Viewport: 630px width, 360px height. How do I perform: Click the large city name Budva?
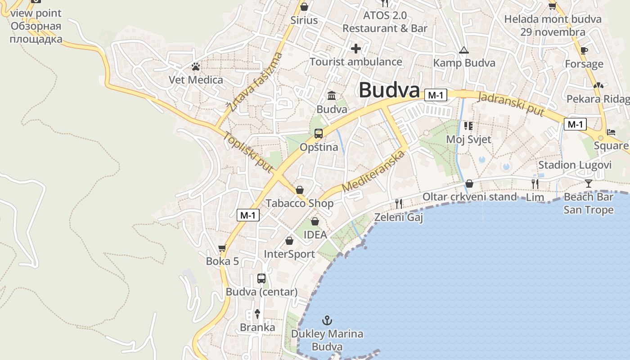click(389, 90)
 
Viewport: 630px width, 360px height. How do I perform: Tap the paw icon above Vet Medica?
click(195, 67)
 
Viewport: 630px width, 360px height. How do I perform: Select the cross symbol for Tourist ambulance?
click(355, 48)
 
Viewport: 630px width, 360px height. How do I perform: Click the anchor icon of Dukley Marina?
click(327, 320)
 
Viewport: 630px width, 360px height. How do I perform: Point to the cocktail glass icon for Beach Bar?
click(588, 183)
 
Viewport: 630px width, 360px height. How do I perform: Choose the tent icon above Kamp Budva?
click(464, 50)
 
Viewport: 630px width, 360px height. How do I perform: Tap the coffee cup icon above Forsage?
click(584, 50)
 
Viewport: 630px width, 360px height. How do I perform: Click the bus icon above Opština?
click(318, 133)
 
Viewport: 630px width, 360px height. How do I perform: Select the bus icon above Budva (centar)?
click(261, 278)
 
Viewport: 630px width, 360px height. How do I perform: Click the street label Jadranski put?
click(511, 104)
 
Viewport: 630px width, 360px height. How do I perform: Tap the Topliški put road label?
click(248, 152)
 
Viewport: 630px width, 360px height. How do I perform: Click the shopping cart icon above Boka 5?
click(222, 248)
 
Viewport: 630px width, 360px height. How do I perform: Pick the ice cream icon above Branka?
click(257, 314)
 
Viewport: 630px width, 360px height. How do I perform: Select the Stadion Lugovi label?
click(575, 165)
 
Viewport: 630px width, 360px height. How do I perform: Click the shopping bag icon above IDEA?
click(315, 221)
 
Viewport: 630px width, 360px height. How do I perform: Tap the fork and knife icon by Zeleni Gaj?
click(398, 203)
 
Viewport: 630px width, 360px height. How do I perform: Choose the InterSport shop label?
click(289, 254)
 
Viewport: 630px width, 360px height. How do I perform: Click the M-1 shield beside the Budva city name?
click(436, 95)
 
